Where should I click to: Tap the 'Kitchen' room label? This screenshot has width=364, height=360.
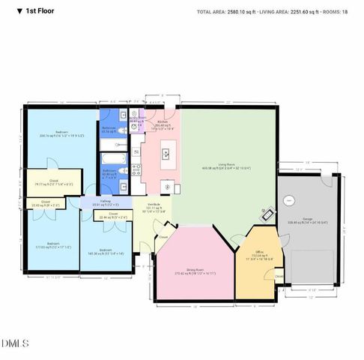161,121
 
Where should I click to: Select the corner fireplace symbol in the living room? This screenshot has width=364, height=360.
265,213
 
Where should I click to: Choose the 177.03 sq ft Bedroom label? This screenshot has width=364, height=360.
53,244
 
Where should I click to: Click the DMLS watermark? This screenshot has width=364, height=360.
16,343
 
